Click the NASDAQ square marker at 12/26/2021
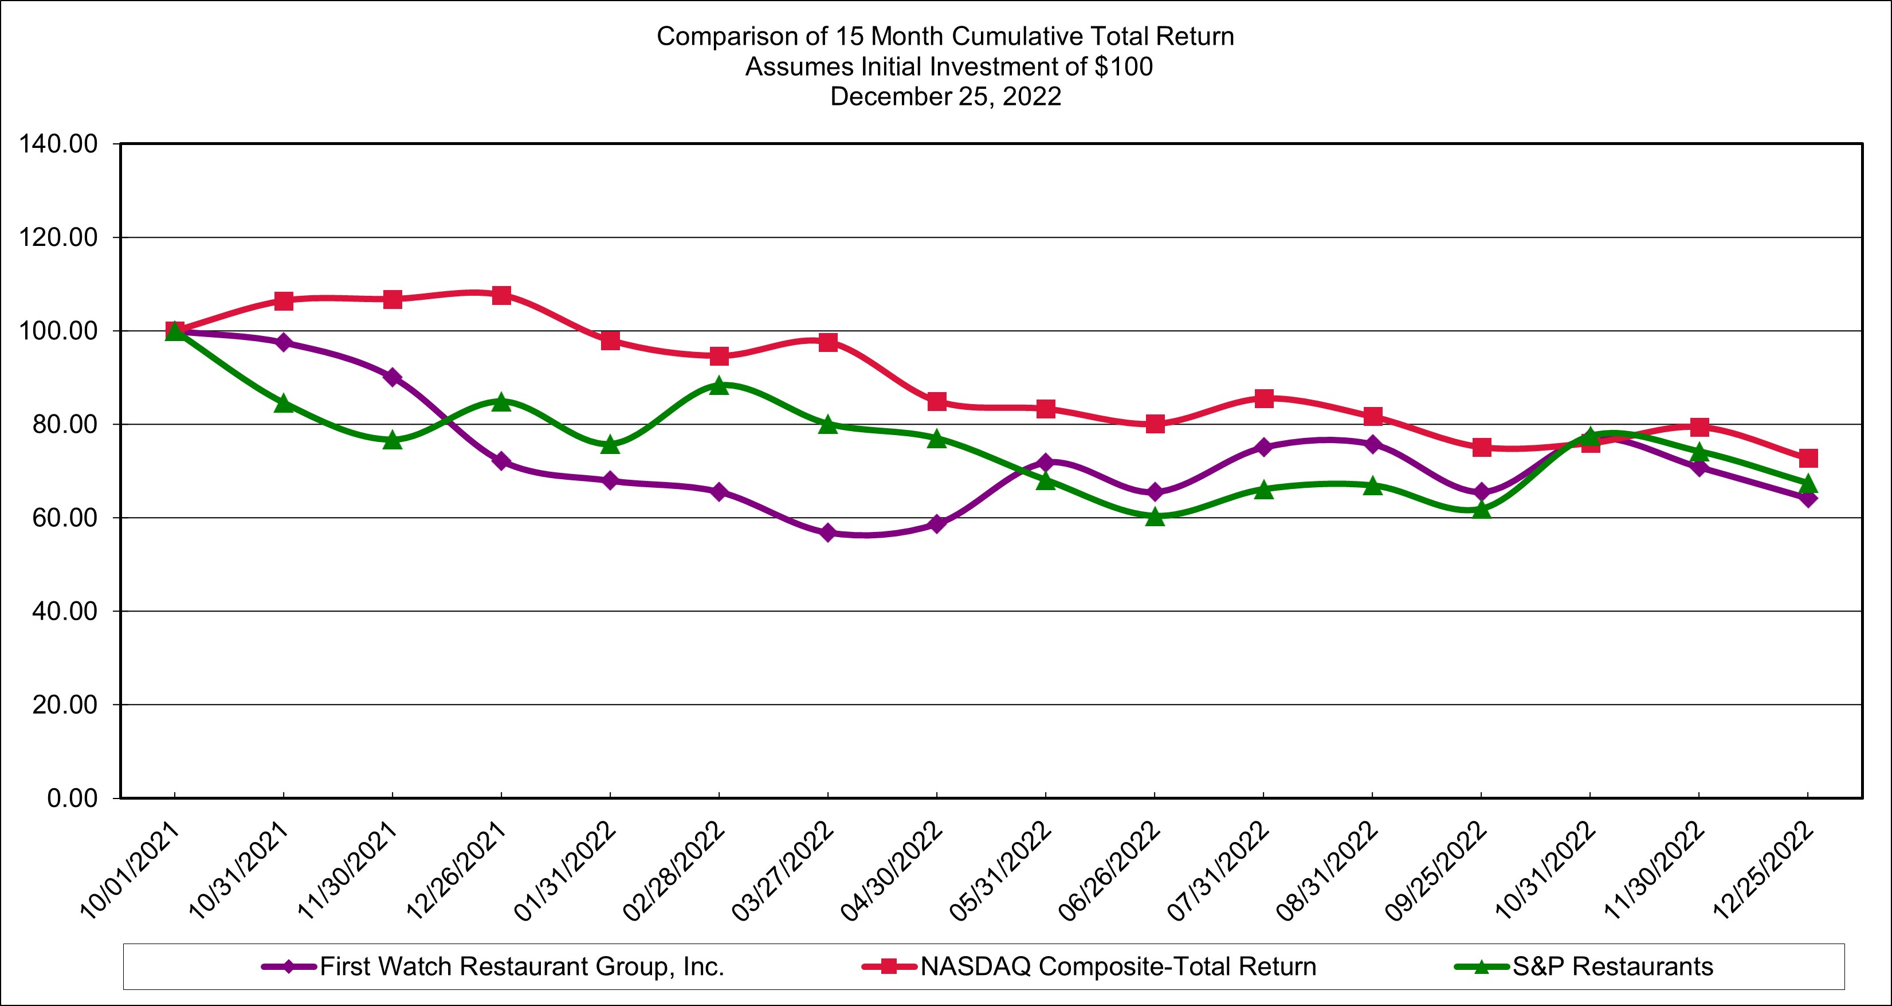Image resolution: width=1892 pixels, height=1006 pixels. tap(501, 295)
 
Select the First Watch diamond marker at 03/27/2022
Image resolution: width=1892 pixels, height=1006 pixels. tap(828, 533)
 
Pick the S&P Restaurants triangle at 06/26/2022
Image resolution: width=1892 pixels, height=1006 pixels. tap(1155, 516)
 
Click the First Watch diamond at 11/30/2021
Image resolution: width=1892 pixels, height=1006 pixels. tap(392, 377)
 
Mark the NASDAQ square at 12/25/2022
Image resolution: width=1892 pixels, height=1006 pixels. tap(1808, 459)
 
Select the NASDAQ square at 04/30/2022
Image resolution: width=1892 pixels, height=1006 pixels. tap(936, 402)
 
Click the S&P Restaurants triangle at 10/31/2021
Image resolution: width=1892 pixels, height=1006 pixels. tap(284, 404)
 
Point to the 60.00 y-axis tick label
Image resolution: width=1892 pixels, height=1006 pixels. tap(65, 518)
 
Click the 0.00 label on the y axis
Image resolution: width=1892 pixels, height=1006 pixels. tap(72, 798)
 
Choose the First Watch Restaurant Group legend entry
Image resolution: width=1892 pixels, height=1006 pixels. tap(521, 967)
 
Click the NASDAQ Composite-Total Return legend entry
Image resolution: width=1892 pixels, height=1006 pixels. tap(1118, 967)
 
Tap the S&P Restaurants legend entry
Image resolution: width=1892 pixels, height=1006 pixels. tap(1612, 967)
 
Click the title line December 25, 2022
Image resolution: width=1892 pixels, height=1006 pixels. tap(945, 97)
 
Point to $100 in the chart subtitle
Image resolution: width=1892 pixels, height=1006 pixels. tap(1123, 67)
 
